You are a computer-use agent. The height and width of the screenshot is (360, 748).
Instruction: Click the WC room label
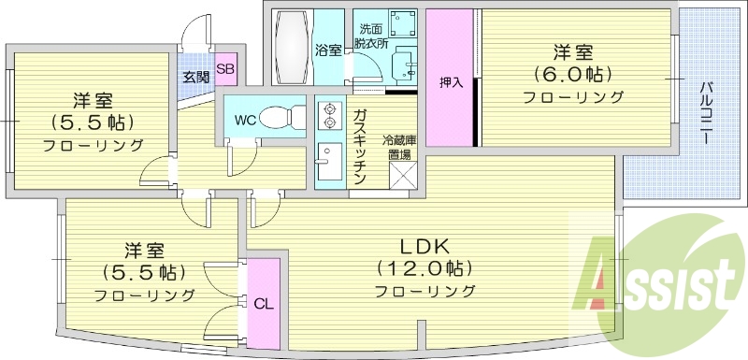246,120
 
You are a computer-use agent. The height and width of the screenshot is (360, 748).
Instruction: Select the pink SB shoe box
226,68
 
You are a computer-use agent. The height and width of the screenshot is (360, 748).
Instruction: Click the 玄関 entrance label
195,77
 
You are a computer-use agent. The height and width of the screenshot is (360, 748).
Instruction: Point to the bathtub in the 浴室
292,47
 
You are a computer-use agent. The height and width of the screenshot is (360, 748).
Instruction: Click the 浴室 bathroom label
328,50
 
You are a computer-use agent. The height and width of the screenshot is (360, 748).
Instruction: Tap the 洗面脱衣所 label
371,36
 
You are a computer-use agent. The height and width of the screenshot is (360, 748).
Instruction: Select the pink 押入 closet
453,82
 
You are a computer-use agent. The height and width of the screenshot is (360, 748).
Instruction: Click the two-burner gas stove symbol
329,116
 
